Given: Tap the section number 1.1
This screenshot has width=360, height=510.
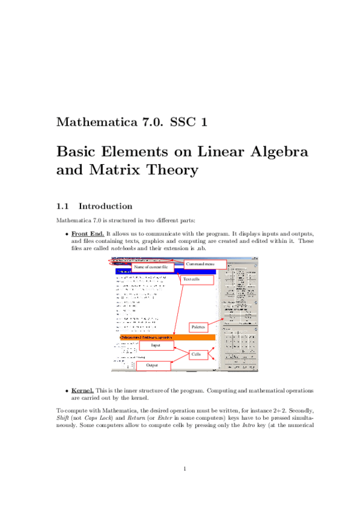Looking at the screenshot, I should [64, 206].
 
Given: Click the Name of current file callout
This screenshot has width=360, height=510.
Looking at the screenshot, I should [152, 266].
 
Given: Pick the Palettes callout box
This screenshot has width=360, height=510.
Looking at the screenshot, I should [198, 327].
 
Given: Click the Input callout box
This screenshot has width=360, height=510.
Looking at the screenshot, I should [156, 345].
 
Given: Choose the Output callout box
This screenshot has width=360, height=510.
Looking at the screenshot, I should [153, 365].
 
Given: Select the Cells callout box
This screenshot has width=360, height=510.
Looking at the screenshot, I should [195, 355].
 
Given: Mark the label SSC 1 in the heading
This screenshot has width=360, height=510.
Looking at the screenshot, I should [189, 123].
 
